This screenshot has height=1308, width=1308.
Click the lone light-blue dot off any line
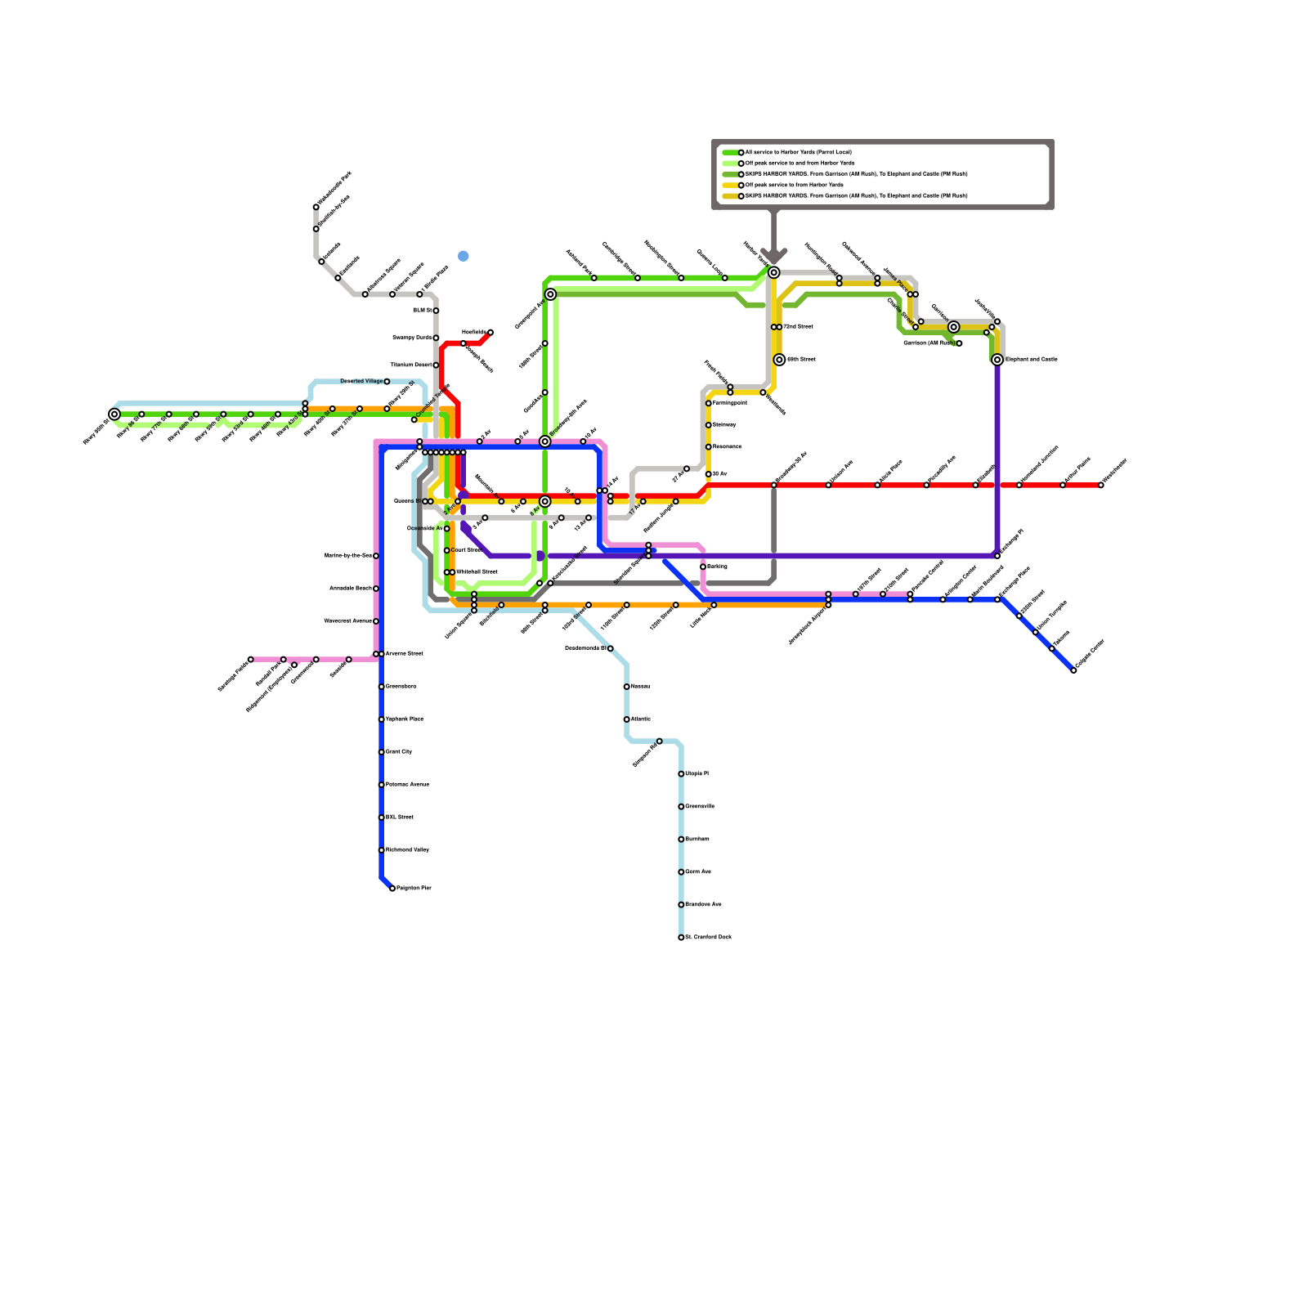[x=464, y=256]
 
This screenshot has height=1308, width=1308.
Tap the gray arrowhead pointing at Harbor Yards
[x=773, y=257]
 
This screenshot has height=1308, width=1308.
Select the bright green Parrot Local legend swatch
[x=730, y=153]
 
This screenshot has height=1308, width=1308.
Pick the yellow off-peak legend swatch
[x=730, y=186]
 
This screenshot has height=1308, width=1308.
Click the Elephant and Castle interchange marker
[x=997, y=360]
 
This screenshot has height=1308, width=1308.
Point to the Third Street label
[x=798, y=327]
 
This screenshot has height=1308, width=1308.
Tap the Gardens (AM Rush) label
[x=929, y=343]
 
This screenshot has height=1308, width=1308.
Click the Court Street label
[x=466, y=550]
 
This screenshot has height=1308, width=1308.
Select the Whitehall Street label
[x=476, y=572]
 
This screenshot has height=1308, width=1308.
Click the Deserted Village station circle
[x=387, y=382]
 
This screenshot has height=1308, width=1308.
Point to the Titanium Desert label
[x=410, y=365]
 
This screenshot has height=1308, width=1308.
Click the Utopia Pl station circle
[x=681, y=774]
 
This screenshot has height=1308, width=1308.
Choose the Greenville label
[x=700, y=807]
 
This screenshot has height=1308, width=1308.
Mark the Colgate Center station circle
[x=1073, y=670]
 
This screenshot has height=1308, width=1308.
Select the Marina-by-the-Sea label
[x=348, y=556]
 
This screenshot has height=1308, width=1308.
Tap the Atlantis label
[x=641, y=719]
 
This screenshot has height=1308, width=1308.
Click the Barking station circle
[x=703, y=567]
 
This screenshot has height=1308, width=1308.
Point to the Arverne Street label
[x=404, y=654]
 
